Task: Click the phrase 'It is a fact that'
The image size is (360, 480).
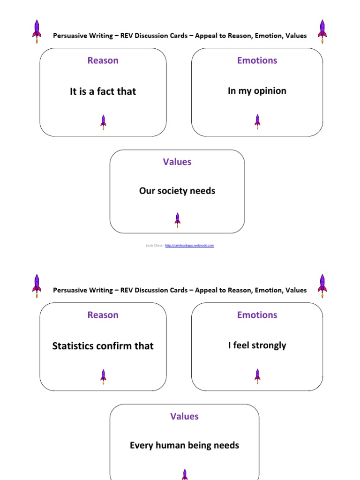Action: [103, 91]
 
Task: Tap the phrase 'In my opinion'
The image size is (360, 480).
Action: [257, 91]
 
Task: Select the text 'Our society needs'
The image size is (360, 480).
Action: [177, 191]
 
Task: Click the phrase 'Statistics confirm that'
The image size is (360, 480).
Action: [103, 346]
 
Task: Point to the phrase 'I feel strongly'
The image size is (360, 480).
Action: [257, 345]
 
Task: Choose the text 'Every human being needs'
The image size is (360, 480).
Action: [184, 445]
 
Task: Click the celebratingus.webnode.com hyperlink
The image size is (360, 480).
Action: [189, 245]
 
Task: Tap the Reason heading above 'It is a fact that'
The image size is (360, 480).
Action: [103, 60]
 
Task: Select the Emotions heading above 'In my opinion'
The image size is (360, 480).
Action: [257, 60]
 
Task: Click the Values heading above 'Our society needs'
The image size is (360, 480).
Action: [177, 162]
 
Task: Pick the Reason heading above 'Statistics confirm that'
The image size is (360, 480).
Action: [103, 315]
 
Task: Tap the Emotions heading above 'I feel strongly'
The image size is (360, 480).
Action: [257, 315]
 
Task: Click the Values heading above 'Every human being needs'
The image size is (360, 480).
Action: [184, 416]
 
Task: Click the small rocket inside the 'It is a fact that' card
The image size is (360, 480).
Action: [103, 122]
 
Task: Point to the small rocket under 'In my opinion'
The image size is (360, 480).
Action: [257, 121]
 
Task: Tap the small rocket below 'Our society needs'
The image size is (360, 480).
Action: [177, 219]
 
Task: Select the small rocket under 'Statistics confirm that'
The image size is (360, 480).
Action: [103, 376]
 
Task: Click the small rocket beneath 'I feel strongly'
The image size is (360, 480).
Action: [257, 375]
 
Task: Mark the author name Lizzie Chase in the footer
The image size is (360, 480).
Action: [154, 245]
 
